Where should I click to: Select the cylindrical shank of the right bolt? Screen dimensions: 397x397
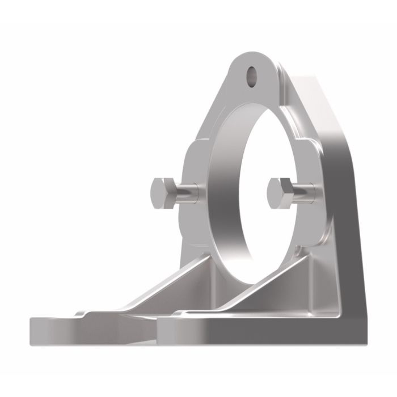pos(304,192)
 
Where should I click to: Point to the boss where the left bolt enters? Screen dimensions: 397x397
pos(196,193)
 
